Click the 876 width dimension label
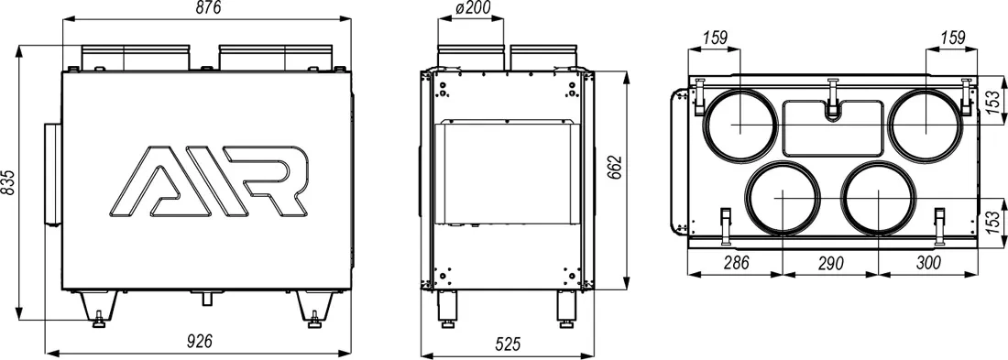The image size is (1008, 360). tap(206, 8)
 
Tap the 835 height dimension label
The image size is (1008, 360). tap(8, 183)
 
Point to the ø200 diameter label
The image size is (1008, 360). tap(473, 8)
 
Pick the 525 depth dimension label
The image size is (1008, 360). tap(508, 344)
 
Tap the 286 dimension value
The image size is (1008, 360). tap(736, 262)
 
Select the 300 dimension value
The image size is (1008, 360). tap(926, 262)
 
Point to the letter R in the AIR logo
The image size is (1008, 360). tap(277, 180)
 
